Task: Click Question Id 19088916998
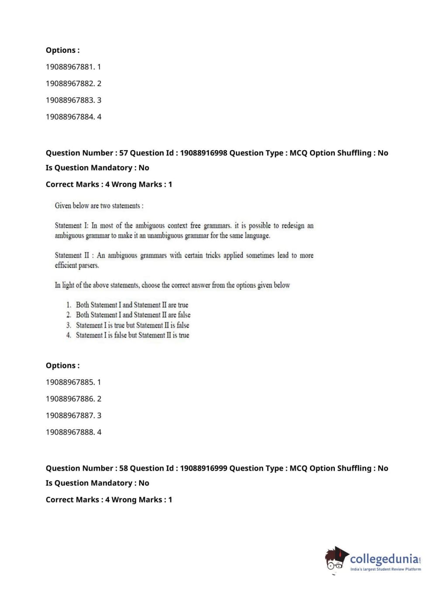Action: tap(203, 153)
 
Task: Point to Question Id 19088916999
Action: tap(203, 468)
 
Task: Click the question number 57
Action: tap(124, 153)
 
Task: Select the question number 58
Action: tap(124, 468)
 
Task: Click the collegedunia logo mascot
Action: tap(336, 559)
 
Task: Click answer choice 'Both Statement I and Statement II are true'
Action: tap(132, 305)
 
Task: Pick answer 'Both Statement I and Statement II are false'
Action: tap(133, 315)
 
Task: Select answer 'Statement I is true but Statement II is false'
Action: tap(132, 325)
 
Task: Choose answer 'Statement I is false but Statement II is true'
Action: tap(132, 335)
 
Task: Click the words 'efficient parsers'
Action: tap(77, 265)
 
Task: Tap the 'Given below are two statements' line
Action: tap(99, 206)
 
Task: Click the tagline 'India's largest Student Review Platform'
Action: tap(385, 569)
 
